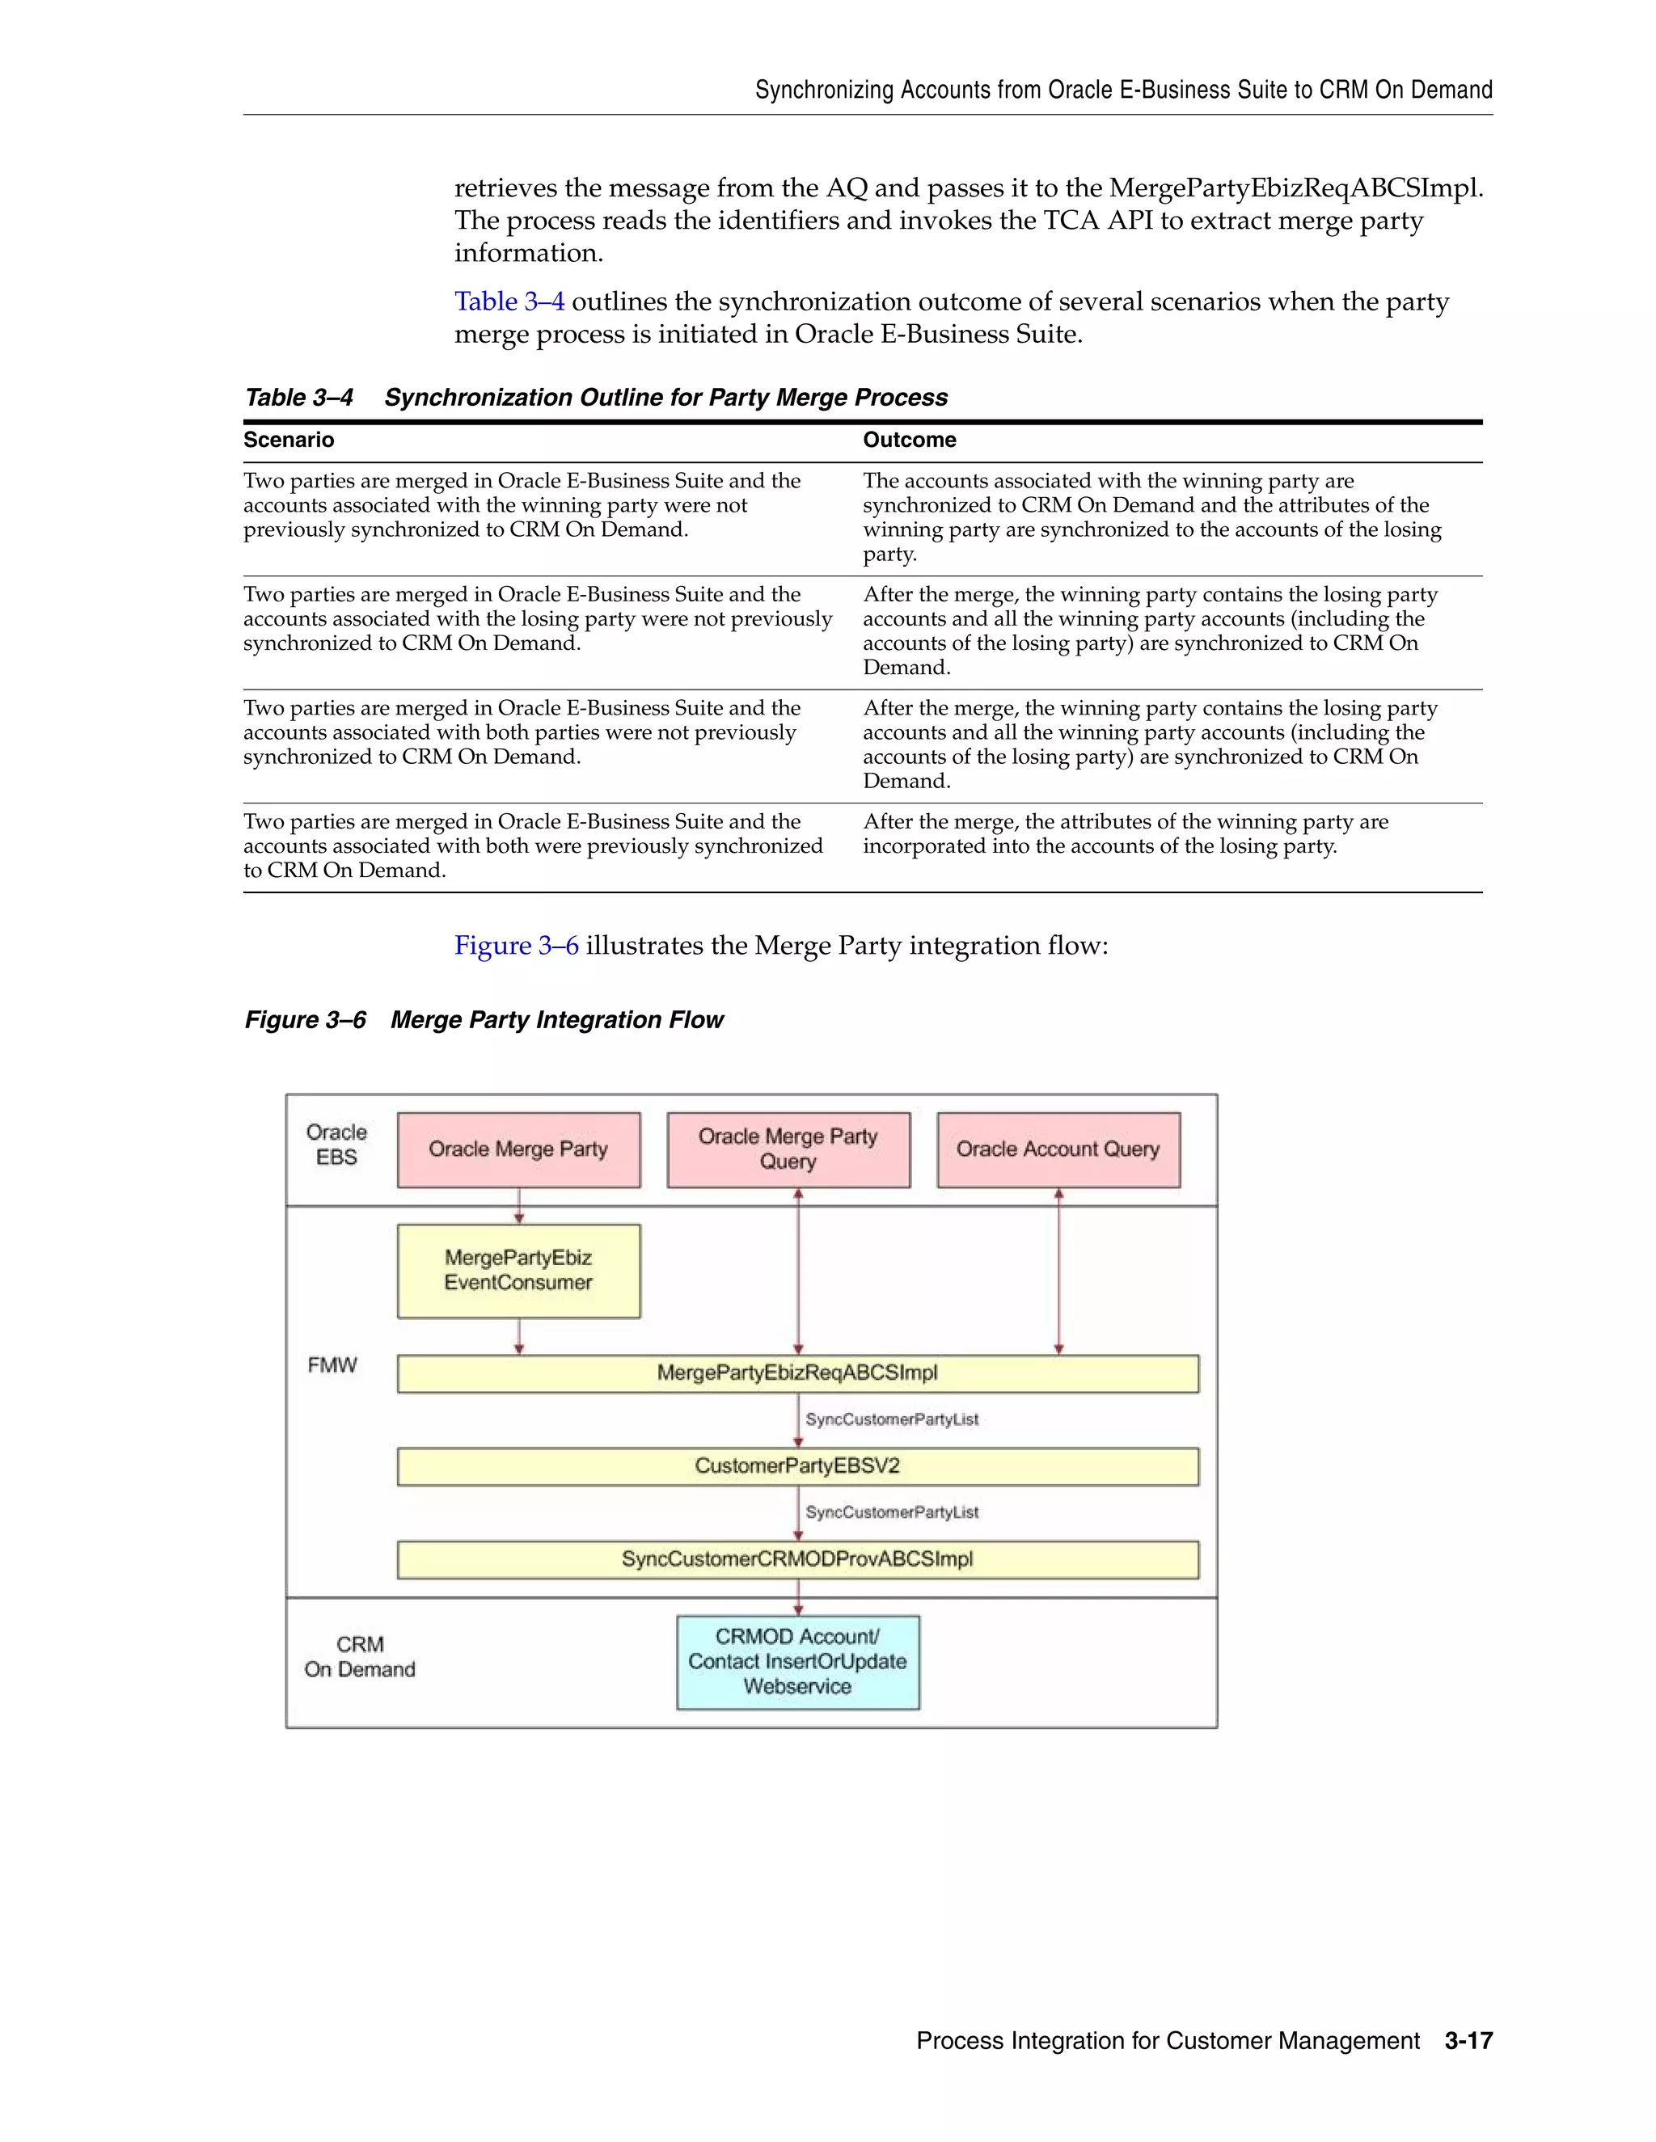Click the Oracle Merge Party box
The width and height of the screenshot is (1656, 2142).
point(518,1149)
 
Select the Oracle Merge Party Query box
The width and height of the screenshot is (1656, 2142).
point(788,1149)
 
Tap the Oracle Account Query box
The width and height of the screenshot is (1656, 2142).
point(1058,1149)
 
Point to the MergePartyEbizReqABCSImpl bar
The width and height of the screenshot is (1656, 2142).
point(796,1373)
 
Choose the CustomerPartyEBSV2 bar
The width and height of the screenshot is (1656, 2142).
point(796,1466)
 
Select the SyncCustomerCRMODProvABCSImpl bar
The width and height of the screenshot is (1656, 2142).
point(796,1559)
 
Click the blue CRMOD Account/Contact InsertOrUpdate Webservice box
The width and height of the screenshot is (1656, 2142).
point(796,1661)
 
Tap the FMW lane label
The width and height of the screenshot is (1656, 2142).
point(332,1365)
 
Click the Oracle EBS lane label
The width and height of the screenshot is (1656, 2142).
point(336,1145)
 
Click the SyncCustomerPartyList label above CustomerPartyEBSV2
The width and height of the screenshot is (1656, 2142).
point(892,1419)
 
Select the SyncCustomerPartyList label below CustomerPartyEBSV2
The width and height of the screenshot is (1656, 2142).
point(892,1512)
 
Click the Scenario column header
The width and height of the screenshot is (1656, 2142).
point(289,441)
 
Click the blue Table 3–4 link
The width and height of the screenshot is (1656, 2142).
point(509,302)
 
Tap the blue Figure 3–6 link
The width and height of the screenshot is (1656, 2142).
point(516,946)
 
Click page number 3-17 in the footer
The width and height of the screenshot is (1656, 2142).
point(1468,2041)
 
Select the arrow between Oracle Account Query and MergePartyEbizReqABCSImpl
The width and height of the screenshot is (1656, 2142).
point(1058,1271)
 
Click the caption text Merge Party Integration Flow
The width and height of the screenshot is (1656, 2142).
point(556,1020)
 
